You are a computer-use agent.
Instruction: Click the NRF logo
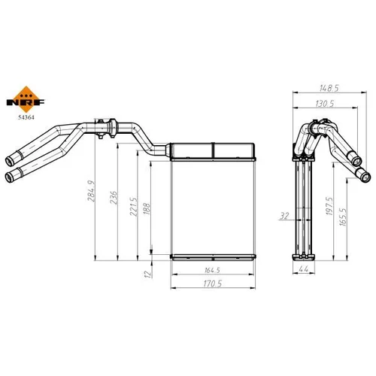[26, 99]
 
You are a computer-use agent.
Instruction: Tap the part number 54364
[26, 117]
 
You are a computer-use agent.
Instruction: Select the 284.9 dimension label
[91, 191]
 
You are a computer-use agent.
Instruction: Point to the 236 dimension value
[114, 198]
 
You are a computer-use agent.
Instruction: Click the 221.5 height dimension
[133, 207]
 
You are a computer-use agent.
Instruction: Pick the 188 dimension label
[147, 208]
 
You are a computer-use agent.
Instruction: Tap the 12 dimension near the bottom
[148, 274]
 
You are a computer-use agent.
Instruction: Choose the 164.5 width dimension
[212, 270]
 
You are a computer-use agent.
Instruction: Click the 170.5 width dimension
[213, 284]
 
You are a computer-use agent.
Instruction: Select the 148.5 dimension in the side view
[329, 88]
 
